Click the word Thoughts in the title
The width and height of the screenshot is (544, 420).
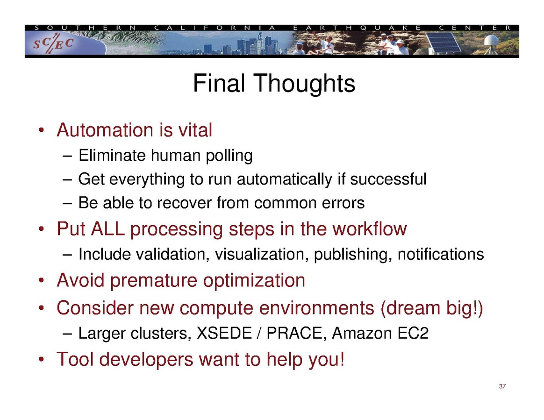pos(305,84)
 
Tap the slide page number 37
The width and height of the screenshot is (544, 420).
pos(502,386)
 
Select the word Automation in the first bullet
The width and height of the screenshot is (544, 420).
pos(105,130)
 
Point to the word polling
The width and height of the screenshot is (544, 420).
pos(229,156)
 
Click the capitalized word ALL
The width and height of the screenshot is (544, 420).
pos(108,229)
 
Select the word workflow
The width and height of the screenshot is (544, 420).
pos(369,229)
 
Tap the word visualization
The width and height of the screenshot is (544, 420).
pos(262,255)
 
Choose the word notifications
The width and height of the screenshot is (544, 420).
pos(441,254)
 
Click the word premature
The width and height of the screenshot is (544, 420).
pos(154,281)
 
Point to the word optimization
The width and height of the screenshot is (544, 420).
pos(254,281)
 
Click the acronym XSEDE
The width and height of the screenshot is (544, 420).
pos(224,333)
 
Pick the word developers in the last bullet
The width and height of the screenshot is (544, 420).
pos(146,360)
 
